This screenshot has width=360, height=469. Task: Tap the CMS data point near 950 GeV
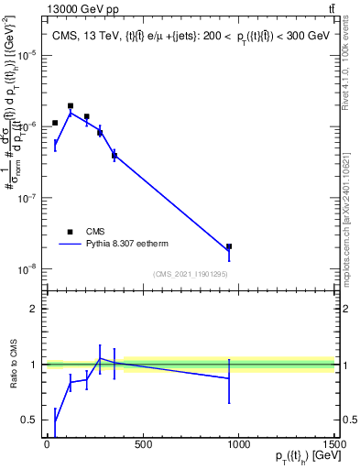coord(229,246)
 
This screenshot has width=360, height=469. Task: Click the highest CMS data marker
coord(71,106)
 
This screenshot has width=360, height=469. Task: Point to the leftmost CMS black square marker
coord(55,123)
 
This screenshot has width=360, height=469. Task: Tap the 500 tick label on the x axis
coord(143,445)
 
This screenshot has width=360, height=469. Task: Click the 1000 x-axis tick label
coord(238,445)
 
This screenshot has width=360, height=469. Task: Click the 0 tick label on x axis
coord(47,445)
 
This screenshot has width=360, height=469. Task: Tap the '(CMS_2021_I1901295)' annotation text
coord(191,274)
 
